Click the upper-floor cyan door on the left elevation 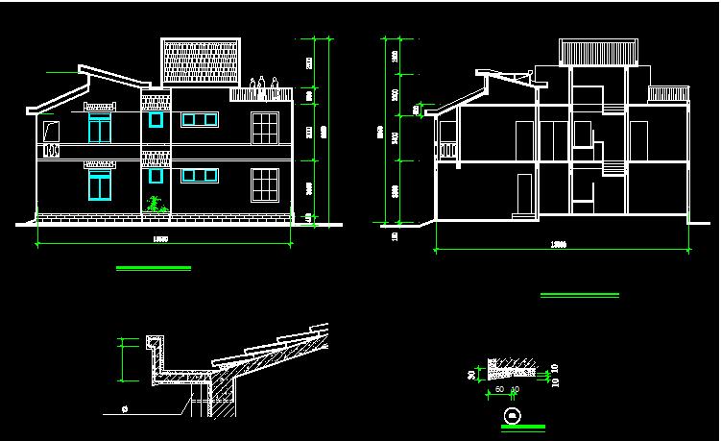(x=100, y=131)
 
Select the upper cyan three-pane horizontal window (x=200, y=120)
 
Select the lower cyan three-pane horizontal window (x=200, y=175)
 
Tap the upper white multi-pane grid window (x=265, y=128)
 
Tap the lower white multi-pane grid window (x=265, y=184)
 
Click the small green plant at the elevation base (x=153, y=203)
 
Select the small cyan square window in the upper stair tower (x=156, y=120)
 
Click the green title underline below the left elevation (x=153, y=268)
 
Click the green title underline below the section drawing (x=579, y=295)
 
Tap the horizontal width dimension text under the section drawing (x=558, y=244)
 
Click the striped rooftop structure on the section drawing (x=599, y=53)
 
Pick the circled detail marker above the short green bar (x=513, y=414)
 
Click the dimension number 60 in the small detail (x=499, y=389)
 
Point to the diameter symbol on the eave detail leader (x=125, y=407)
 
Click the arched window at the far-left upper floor (x=48, y=129)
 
